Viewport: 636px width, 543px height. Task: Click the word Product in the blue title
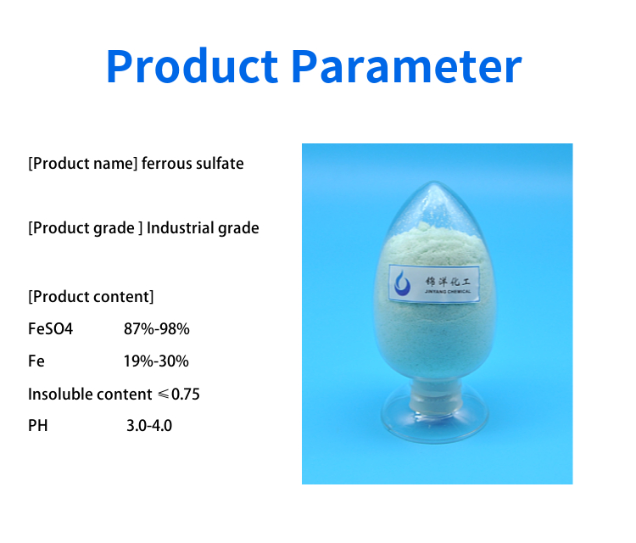pos(192,66)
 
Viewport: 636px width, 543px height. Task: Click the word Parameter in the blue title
pos(406,66)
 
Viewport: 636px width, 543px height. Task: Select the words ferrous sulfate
pos(192,164)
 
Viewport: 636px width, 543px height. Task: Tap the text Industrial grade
pos(203,228)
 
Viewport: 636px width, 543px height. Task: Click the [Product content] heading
pos(91,297)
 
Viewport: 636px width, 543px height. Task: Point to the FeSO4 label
pos(50,328)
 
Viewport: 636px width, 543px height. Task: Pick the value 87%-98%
pos(157,328)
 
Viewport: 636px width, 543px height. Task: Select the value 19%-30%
pos(156,361)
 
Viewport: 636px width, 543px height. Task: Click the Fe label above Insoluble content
pos(36,361)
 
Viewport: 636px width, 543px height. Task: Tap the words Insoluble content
pos(90,394)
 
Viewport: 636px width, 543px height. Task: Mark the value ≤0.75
pos(179,394)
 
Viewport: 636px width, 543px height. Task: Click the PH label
pos(37,426)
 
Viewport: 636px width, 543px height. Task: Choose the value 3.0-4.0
pos(149,426)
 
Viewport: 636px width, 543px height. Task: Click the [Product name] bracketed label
pos(83,164)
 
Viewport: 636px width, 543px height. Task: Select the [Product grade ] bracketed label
pos(85,228)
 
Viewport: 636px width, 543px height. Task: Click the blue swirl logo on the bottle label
pos(402,283)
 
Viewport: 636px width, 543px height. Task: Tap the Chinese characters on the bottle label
pos(448,281)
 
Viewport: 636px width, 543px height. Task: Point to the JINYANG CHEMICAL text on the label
pos(448,291)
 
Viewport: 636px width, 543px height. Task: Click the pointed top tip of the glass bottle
pos(435,182)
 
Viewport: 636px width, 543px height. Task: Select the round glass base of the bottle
pos(435,422)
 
